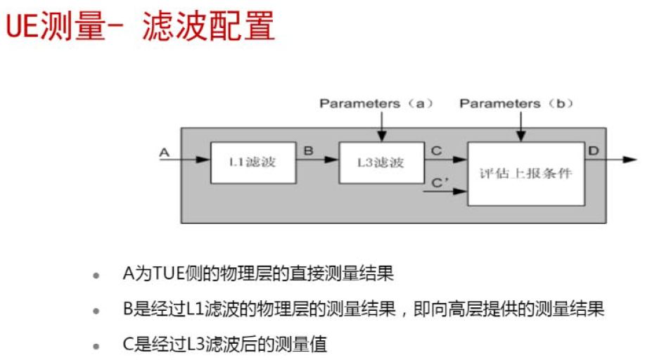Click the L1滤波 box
[x=252, y=162]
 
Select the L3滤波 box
[x=380, y=162]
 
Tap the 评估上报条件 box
[x=526, y=173]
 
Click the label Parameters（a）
[x=376, y=103]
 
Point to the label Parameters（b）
[x=517, y=103]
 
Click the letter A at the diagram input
[x=165, y=151]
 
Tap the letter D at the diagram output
[x=593, y=150]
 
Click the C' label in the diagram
[x=440, y=182]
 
